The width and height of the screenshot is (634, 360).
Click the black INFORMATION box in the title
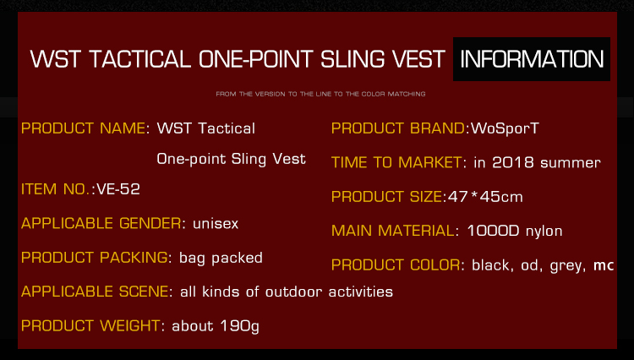(532, 59)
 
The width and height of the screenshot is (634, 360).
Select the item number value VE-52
(118, 189)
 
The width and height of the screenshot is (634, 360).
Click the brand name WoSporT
(505, 128)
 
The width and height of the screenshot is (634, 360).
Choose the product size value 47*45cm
(485, 197)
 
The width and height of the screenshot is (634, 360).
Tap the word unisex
(216, 223)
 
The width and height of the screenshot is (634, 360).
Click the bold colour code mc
(604, 265)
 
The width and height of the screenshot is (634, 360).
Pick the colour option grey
(566, 266)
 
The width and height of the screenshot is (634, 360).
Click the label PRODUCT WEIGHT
(90, 325)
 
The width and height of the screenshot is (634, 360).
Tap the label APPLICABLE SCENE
(95, 292)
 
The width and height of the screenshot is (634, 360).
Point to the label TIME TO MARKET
(396, 162)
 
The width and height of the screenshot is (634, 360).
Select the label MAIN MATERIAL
(392, 231)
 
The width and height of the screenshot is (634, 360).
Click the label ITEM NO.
(56, 189)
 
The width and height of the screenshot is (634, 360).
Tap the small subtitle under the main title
(320, 94)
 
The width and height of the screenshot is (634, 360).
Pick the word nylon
(544, 232)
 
